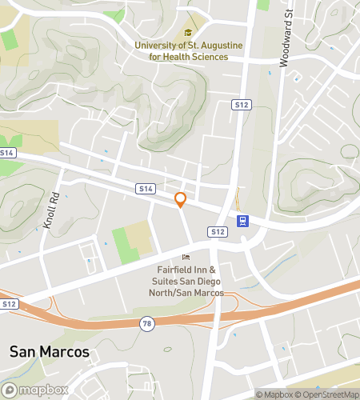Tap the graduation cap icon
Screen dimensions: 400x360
pyautogui.click(x=188, y=33)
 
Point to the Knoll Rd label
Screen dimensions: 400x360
pyautogui.click(x=53, y=210)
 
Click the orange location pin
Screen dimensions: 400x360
pyautogui.click(x=181, y=200)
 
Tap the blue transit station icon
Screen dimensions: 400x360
pyautogui.click(x=242, y=221)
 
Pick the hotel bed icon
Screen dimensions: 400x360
pyautogui.click(x=186, y=258)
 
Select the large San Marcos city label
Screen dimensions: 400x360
pyautogui.click(x=49, y=353)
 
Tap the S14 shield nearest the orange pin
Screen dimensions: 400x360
pyautogui.click(x=145, y=189)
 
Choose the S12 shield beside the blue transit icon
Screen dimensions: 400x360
pyautogui.click(x=218, y=231)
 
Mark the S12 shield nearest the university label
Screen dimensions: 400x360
pyautogui.click(x=241, y=105)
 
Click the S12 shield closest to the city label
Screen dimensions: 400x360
pyautogui.click(x=9, y=304)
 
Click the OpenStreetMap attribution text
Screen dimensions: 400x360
pyautogui.click(x=330, y=394)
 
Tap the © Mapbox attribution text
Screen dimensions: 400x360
pyautogui.click(x=275, y=394)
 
